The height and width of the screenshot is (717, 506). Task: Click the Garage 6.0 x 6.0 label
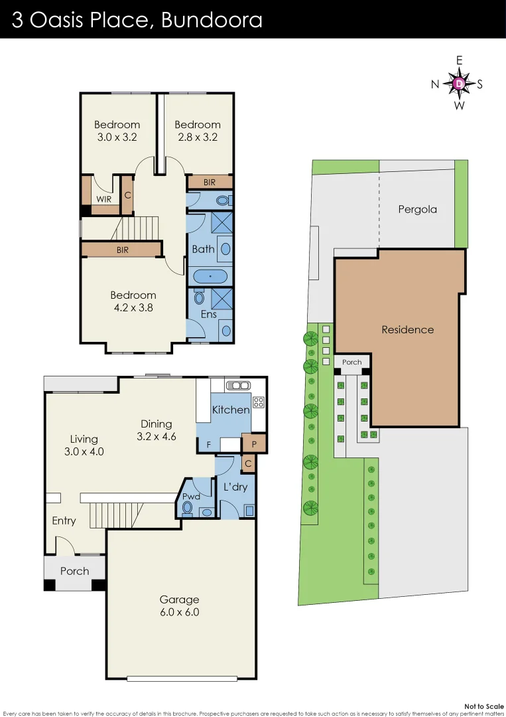pos(178,605)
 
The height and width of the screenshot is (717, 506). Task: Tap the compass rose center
pos(459,84)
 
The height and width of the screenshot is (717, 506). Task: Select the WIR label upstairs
pos(103,199)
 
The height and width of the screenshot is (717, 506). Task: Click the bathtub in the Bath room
pos(210,276)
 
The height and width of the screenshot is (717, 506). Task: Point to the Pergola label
pos(417,209)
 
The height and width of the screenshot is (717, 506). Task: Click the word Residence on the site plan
pos(407,329)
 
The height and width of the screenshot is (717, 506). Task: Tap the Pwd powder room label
pos(190,496)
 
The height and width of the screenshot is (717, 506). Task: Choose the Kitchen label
pos(230,410)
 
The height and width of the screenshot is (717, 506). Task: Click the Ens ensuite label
pos(209,314)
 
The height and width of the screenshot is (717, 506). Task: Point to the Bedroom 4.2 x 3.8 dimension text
pos(133,308)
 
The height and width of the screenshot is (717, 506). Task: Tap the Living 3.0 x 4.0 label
pos(84,445)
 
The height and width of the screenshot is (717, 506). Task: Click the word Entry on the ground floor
pos(64,520)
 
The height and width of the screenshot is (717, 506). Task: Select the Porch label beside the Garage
pos(74,571)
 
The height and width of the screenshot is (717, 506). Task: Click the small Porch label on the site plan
pos(352,362)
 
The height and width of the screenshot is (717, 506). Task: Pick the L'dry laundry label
pos(235,487)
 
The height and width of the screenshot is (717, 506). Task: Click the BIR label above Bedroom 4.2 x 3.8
pos(122,250)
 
